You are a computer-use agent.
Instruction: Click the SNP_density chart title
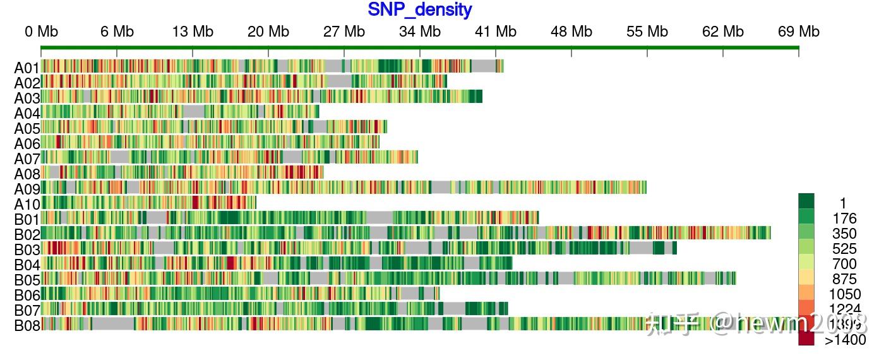point(420,10)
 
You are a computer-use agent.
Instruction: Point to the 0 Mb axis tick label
point(41,32)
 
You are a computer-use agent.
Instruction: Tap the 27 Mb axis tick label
point(344,32)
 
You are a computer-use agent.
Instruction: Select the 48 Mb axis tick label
point(571,32)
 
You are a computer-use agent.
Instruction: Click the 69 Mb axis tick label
point(799,32)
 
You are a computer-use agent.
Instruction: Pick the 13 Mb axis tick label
point(193,32)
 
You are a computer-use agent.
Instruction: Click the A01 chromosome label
point(27,68)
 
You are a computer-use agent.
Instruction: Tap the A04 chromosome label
point(27,113)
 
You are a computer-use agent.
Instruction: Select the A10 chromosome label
point(27,204)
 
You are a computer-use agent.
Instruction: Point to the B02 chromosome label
point(27,234)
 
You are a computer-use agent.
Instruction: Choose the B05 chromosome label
point(27,280)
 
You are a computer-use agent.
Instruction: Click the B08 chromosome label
point(27,326)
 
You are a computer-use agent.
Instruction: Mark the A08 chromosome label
point(27,174)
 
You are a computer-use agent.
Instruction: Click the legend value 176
point(844,219)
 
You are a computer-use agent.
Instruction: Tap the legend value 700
point(844,264)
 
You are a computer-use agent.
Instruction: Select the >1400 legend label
point(845,340)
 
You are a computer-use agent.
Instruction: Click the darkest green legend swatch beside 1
point(806,201)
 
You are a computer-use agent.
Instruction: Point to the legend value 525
point(844,249)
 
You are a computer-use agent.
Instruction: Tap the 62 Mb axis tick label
point(723,32)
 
